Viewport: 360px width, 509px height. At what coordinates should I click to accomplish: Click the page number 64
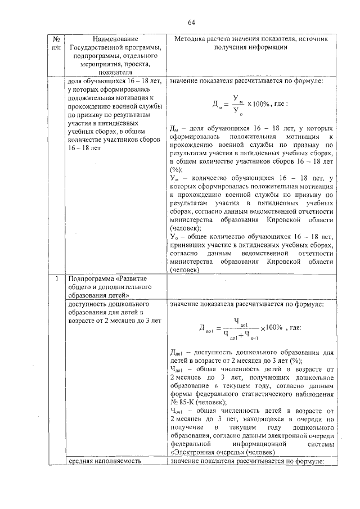[191, 22]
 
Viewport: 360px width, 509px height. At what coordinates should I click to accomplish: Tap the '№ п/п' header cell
[56, 43]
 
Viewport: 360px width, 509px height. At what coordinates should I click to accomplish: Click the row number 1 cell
[56, 278]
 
